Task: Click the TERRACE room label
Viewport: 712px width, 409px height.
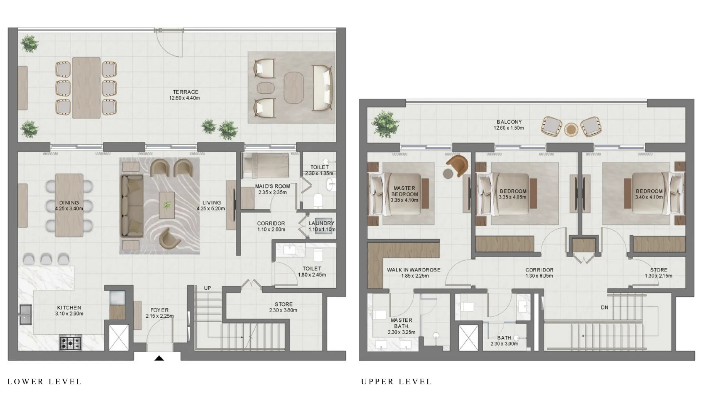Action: pyautogui.click(x=186, y=92)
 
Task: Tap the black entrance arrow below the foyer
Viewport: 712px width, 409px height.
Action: pyautogui.click(x=159, y=358)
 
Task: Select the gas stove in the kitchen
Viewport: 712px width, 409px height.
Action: pyautogui.click(x=70, y=343)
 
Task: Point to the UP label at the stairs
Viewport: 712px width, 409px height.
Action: pyautogui.click(x=207, y=288)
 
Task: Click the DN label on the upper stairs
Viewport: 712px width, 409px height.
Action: pyautogui.click(x=604, y=307)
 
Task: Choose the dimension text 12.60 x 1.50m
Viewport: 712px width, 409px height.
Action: pyautogui.click(x=509, y=128)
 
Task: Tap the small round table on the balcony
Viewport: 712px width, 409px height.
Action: pyautogui.click(x=571, y=129)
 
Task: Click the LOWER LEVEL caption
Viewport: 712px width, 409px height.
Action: pyautogui.click(x=44, y=382)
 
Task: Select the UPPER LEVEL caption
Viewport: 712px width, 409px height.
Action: pyautogui.click(x=396, y=382)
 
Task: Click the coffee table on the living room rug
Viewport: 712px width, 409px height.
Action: pyautogui.click(x=167, y=205)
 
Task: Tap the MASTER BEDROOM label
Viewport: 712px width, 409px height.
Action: pyautogui.click(x=404, y=191)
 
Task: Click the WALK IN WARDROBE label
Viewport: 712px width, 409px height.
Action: pyautogui.click(x=413, y=270)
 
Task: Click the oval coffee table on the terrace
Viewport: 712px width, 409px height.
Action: pyautogui.click(x=294, y=87)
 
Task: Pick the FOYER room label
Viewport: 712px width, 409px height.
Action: pyautogui.click(x=159, y=310)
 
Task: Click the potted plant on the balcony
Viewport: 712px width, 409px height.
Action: pyautogui.click(x=385, y=124)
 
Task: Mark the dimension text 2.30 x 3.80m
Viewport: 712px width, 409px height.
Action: pyautogui.click(x=283, y=310)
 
